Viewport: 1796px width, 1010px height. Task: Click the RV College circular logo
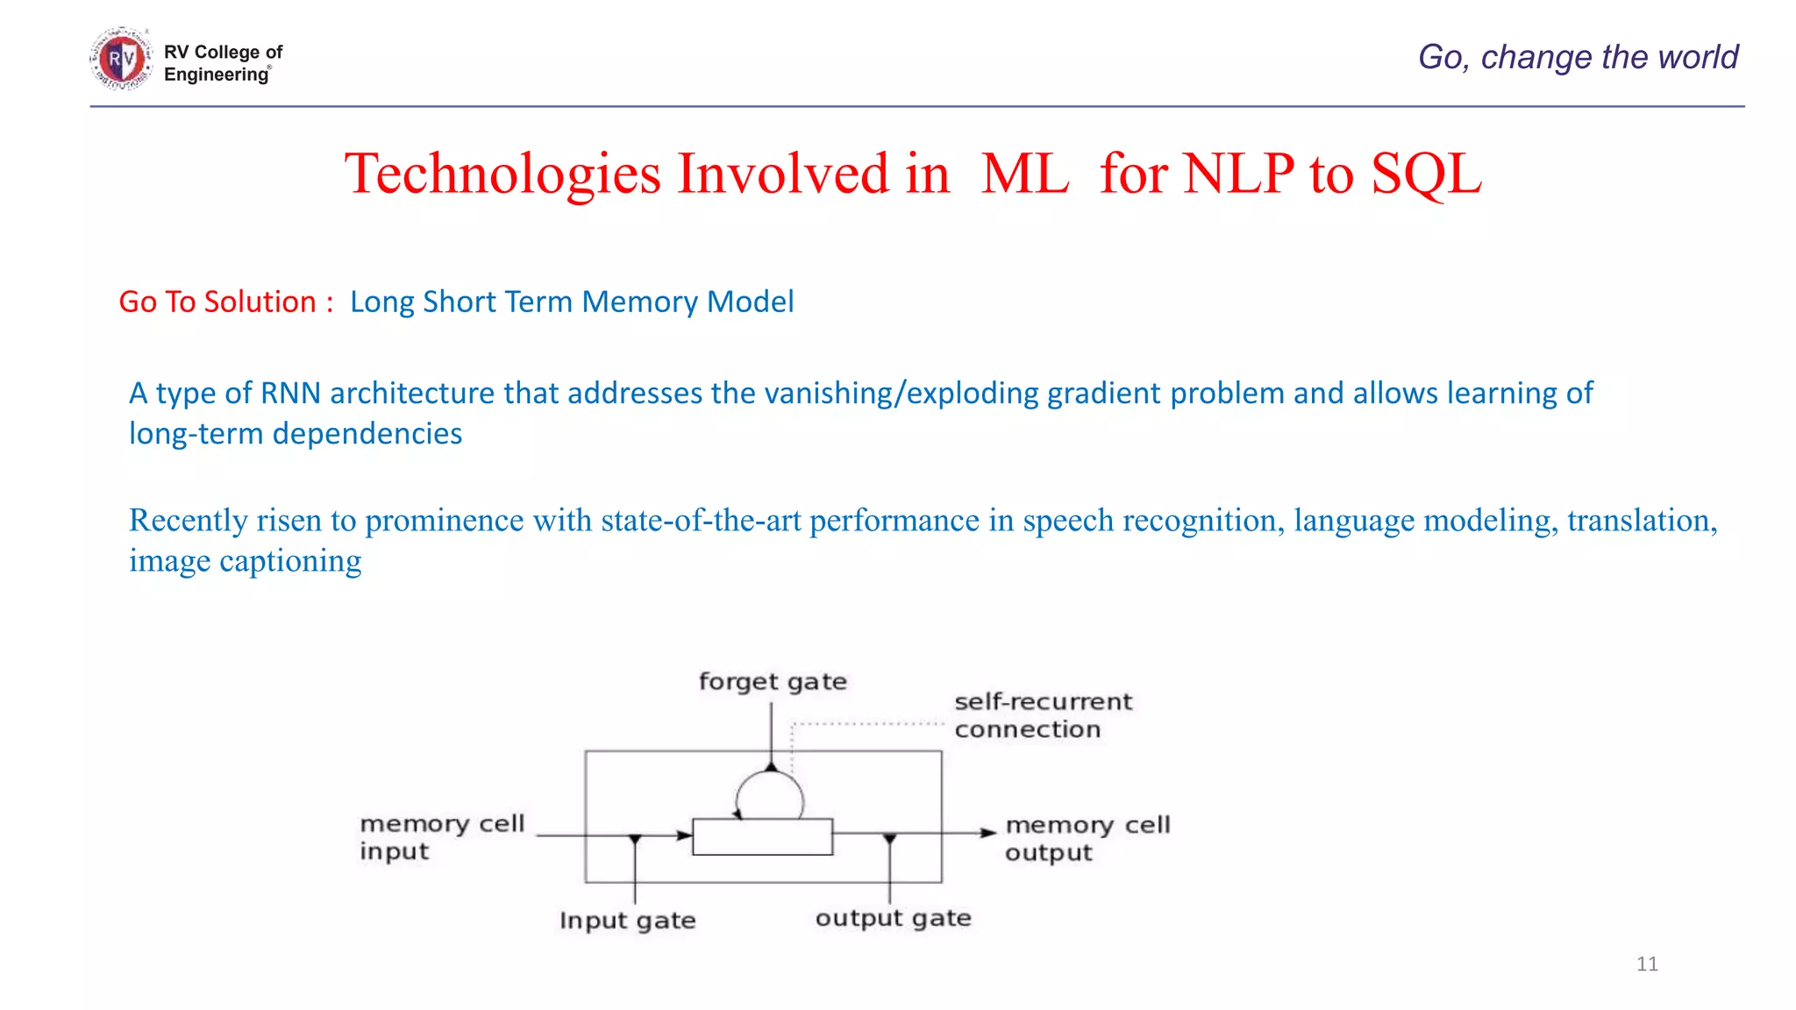tap(121, 60)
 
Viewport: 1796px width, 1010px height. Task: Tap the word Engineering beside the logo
tap(216, 75)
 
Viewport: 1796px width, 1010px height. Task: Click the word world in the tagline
tap(1698, 57)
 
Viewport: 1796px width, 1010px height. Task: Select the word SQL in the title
tap(1426, 174)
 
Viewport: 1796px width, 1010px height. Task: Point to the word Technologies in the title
tap(502, 174)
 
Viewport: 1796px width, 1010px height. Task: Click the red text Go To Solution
tap(217, 302)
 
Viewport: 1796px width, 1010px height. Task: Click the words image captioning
tap(245, 561)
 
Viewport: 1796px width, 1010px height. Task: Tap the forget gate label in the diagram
tap(773, 681)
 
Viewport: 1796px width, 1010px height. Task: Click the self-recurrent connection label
tap(1042, 715)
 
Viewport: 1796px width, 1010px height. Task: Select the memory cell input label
tap(441, 837)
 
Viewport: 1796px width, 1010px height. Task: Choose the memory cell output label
tap(1087, 838)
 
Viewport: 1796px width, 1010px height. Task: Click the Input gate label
tap(627, 921)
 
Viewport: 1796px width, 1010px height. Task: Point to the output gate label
tap(893, 918)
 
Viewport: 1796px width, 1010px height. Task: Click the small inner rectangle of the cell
tap(762, 836)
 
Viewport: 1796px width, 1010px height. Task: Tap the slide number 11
tap(1647, 964)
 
